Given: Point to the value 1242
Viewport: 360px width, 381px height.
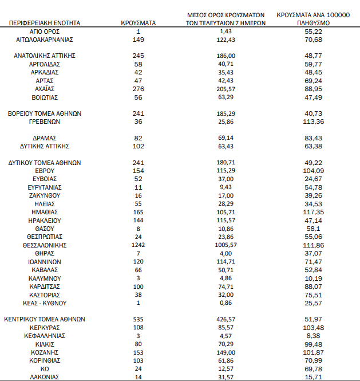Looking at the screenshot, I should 138,245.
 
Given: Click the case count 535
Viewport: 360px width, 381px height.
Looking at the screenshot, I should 138,319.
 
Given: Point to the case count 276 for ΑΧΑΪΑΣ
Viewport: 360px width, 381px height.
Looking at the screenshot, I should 138,89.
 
